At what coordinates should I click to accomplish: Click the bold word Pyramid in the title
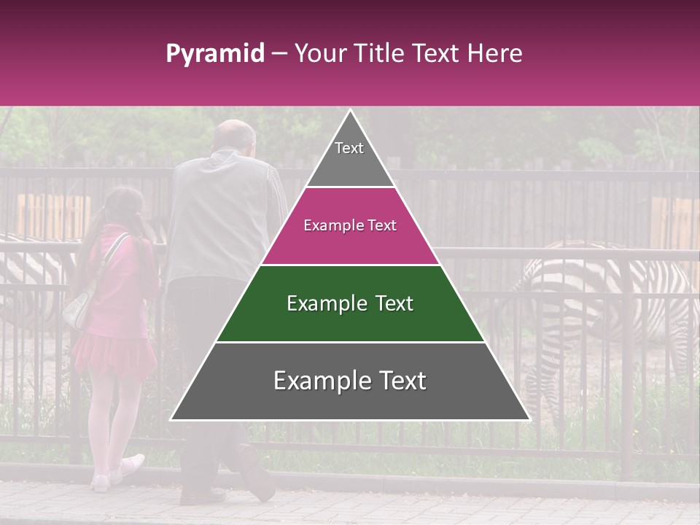point(214,53)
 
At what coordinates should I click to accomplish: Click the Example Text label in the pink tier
point(350,225)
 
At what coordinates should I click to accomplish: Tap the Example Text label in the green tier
point(350,303)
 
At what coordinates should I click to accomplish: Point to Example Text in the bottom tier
point(350,381)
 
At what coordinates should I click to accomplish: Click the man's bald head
point(235,135)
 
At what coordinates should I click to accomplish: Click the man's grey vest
point(219,219)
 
